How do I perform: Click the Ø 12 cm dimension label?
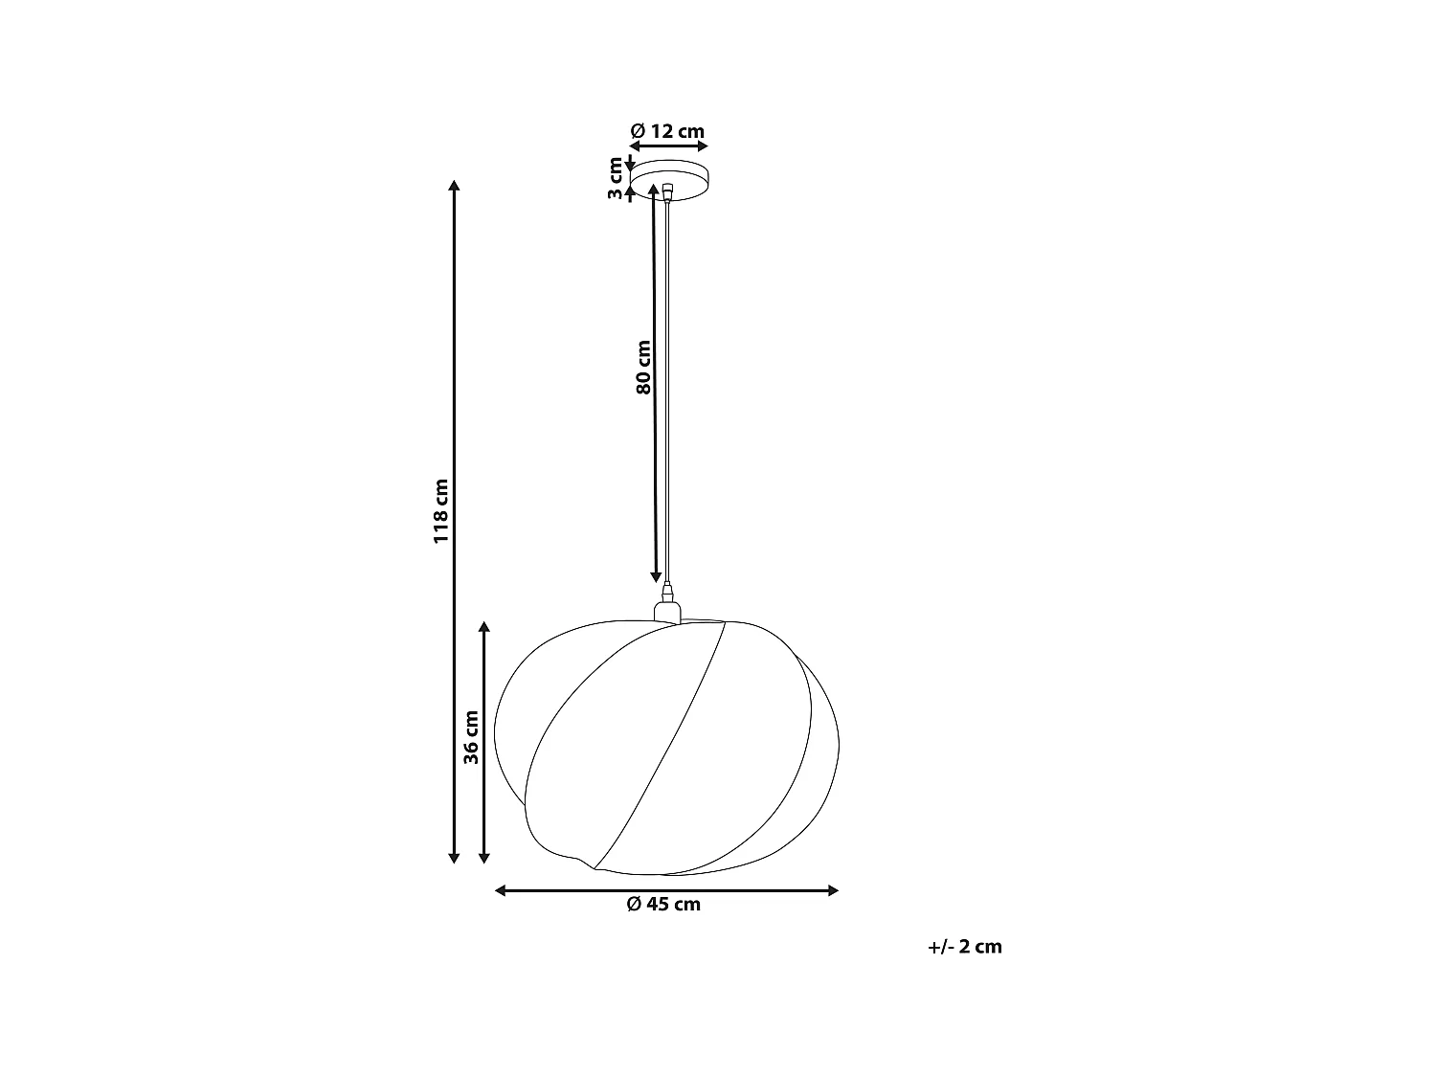(x=668, y=131)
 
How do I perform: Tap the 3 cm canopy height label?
(x=616, y=179)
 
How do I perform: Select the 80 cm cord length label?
(x=643, y=367)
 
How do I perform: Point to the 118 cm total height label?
(x=440, y=511)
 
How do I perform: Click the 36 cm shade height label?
(x=470, y=737)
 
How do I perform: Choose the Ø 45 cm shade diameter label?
(x=663, y=905)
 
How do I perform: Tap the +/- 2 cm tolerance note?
(x=965, y=947)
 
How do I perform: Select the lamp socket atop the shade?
(x=666, y=611)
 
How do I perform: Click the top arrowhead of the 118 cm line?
(x=454, y=186)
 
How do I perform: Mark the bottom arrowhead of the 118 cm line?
(x=454, y=858)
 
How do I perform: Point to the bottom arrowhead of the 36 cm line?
(x=484, y=858)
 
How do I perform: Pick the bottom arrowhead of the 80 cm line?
(x=656, y=576)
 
